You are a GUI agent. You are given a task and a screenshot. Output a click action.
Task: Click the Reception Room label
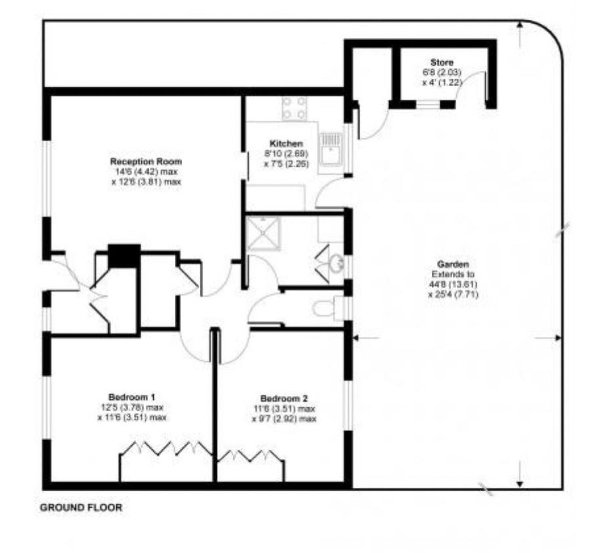(x=146, y=161)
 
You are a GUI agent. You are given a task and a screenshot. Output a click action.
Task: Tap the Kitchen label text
(x=286, y=143)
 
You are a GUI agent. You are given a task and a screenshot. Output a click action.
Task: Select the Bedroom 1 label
(x=132, y=397)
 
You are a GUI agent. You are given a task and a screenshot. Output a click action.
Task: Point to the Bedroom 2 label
(x=284, y=399)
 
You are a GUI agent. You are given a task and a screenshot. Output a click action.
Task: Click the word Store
(x=442, y=62)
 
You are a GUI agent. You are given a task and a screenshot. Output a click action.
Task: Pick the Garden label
(x=453, y=264)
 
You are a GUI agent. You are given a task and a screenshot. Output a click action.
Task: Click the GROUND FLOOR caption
(x=81, y=507)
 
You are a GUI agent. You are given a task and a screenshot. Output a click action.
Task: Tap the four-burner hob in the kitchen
(x=294, y=108)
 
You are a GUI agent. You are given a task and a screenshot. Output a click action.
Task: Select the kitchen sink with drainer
(x=331, y=149)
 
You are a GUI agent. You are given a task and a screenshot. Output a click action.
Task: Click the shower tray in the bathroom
(x=264, y=233)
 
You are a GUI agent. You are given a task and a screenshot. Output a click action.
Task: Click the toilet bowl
(x=323, y=309)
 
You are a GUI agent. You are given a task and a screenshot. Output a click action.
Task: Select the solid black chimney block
(x=124, y=255)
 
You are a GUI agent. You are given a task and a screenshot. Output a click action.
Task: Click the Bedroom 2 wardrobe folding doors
(x=250, y=456)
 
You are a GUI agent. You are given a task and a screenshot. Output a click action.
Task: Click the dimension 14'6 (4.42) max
(x=145, y=171)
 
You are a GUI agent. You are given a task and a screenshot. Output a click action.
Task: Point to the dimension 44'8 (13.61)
(x=453, y=284)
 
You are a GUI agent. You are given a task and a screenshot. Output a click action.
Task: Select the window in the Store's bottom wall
(x=428, y=104)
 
